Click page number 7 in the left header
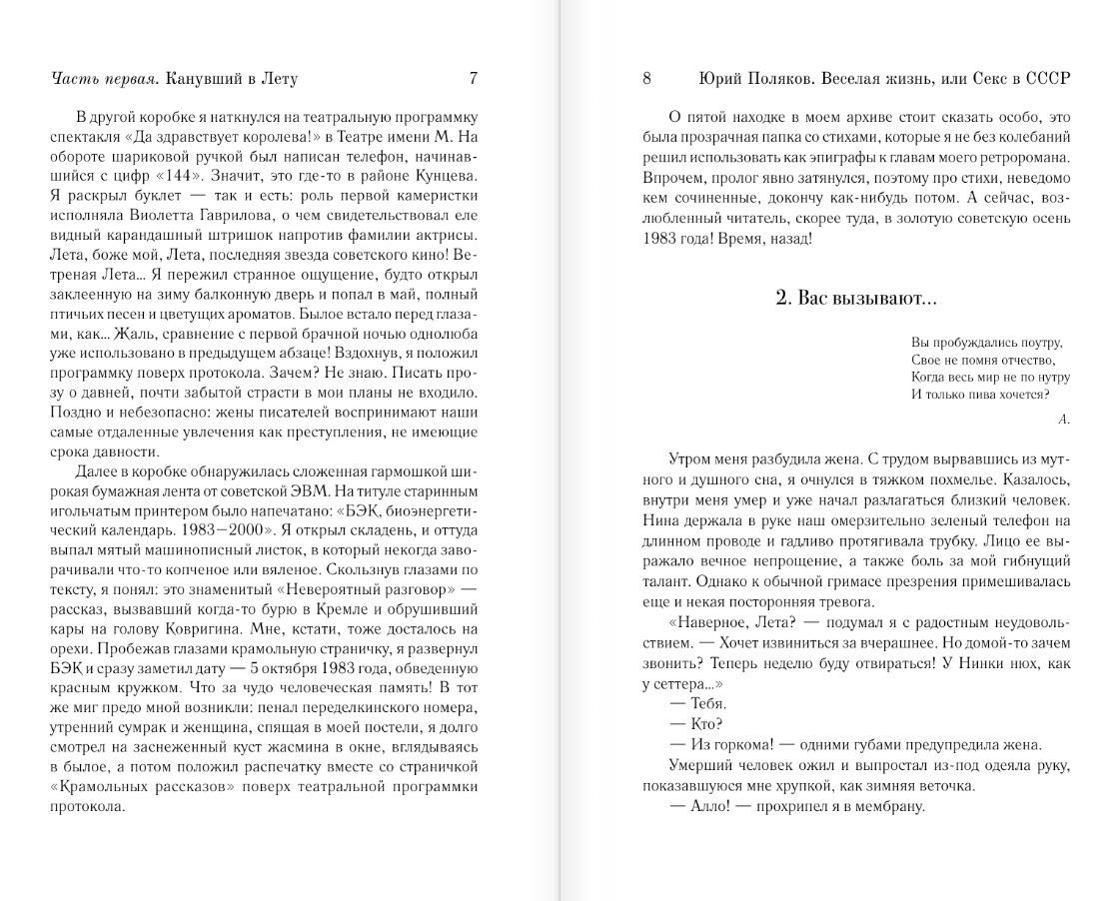pos(473,78)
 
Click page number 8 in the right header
pos(646,78)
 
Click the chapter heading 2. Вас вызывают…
pos(855,298)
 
